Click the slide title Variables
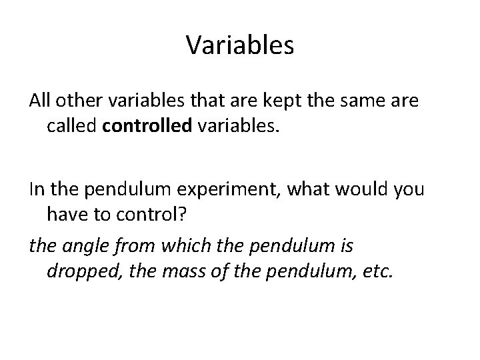(x=240, y=45)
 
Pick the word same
(x=357, y=101)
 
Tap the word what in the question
(x=307, y=189)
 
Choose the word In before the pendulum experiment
(x=37, y=189)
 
